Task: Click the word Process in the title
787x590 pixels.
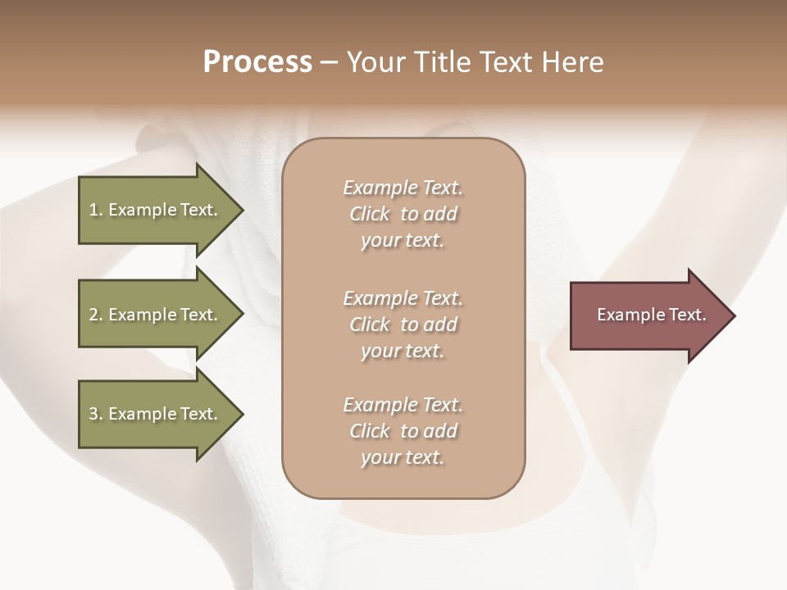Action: click(x=257, y=62)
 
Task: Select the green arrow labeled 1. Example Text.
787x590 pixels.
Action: click(x=156, y=210)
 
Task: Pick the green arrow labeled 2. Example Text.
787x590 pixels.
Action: click(x=156, y=315)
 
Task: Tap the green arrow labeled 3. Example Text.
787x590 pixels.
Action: click(x=156, y=414)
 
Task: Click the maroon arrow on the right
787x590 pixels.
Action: click(x=648, y=315)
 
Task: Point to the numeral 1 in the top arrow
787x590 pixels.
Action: click(x=93, y=210)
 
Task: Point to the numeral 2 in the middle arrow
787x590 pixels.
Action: click(x=93, y=315)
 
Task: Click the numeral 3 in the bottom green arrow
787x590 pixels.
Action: click(x=93, y=414)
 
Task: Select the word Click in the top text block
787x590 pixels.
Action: click(x=370, y=215)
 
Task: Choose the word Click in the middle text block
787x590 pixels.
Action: click(x=370, y=324)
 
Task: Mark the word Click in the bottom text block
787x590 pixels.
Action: click(x=370, y=431)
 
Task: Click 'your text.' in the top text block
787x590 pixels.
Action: click(x=402, y=241)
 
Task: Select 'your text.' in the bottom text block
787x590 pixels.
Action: click(x=402, y=458)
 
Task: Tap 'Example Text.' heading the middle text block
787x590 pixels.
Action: click(x=403, y=298)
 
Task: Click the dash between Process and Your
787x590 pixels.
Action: click(x=329, y=63)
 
